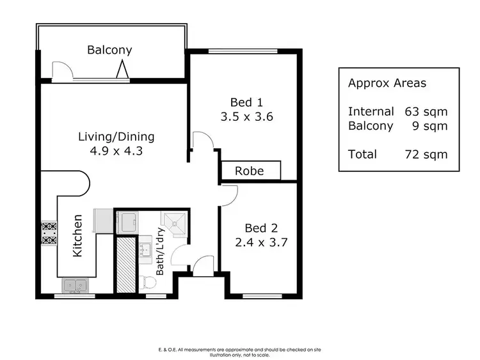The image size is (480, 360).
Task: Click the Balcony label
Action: tap(109, 50)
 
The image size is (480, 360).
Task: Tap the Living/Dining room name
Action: tap(116, 137)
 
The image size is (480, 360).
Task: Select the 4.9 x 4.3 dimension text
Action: tap(116, 152)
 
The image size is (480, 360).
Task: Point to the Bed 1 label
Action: tap(247, 102)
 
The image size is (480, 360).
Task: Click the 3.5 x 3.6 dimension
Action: tap(247, 117)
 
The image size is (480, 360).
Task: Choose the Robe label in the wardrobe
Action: tap(250, 171)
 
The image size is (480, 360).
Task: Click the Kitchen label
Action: tap(77, 235)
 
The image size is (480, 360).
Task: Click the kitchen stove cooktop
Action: tap(49, 233)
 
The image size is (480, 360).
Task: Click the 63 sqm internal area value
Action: tap(426, 111)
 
